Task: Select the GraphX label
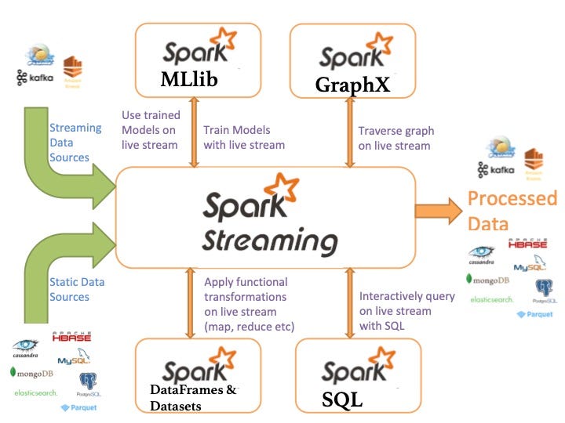[352, 85]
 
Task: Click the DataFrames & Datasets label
[192, 397]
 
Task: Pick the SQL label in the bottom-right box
[342, 399]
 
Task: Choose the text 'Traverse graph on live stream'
[395, 138]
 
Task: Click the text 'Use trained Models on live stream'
[150, 129]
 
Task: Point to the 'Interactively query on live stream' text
[406, 310]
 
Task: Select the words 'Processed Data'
[512, 211]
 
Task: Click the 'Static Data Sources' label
[76, 289]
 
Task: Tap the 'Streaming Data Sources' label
[75, 143]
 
